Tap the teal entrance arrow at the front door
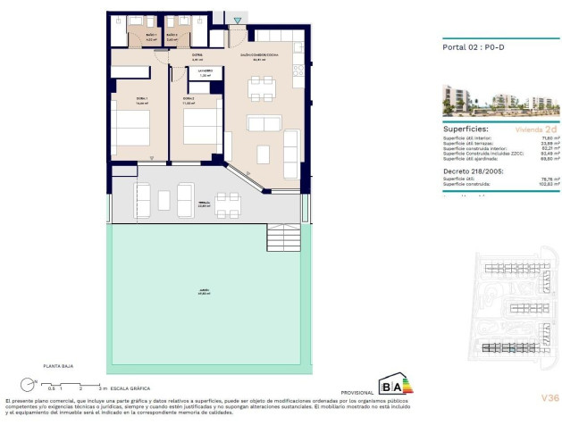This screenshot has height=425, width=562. point(236,21)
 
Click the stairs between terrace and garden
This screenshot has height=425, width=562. point(284,237)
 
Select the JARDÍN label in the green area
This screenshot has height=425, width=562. point(206,292)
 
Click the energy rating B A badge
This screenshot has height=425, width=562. point(393,386)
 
